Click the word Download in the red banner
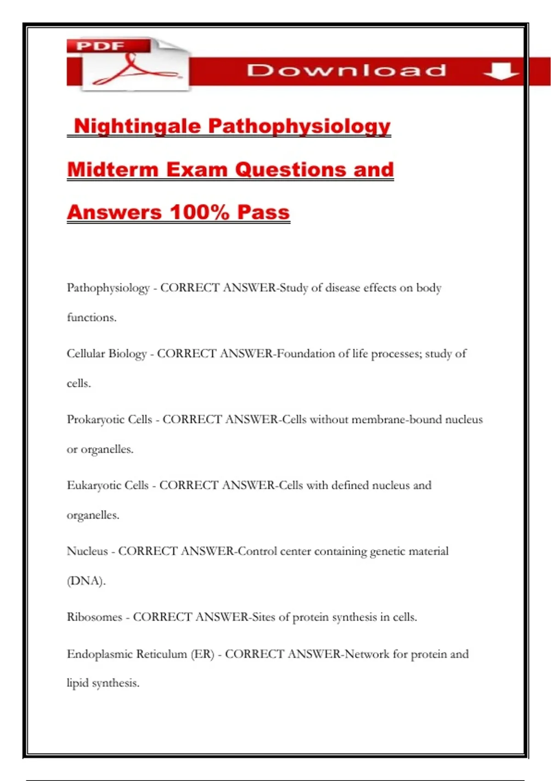coord(347,70)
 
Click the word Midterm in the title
coord(113,170)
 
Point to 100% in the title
coord(199,212)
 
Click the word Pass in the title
coord(264,212)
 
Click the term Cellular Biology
coord(107,354)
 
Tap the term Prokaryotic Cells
coord(109,419)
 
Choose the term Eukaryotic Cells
coord(108,486)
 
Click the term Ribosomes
coord(95,617)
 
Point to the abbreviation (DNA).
coord(86,581)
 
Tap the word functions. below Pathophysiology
coord(91,317)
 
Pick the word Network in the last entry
coord(367,654)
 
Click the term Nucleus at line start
coord(87,551)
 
